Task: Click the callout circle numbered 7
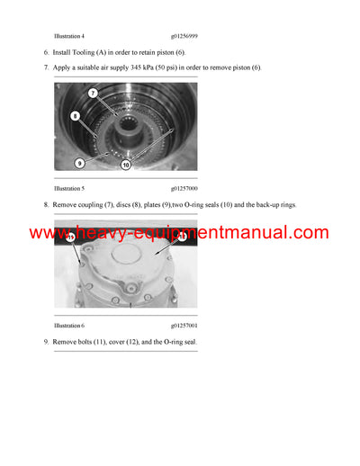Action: pyautogui.click(x=93, y=94)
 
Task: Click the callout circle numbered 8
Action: pyautogui.click(x=76, y=116)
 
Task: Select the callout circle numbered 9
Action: pyautogui.click(x=80, y=163)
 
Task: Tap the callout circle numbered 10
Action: pyautogui.click(x=125, y=165)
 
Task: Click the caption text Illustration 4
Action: pyautogui.click(x=69, y=35)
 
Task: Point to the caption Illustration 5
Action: pyautogui.click(x=69, y=189)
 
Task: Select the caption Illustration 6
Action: pyautogui.click(x=69, y=325)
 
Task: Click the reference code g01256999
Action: pyautogui.click(x=184, y=35)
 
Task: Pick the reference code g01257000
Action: pyautogui.click(x=184, y=189)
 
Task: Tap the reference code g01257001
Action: pyautogui.click(x=184, y=325)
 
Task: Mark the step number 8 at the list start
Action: pyautogui.click(x=46, y=205)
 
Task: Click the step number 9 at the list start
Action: pyautogui.click(x=46, y=343)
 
